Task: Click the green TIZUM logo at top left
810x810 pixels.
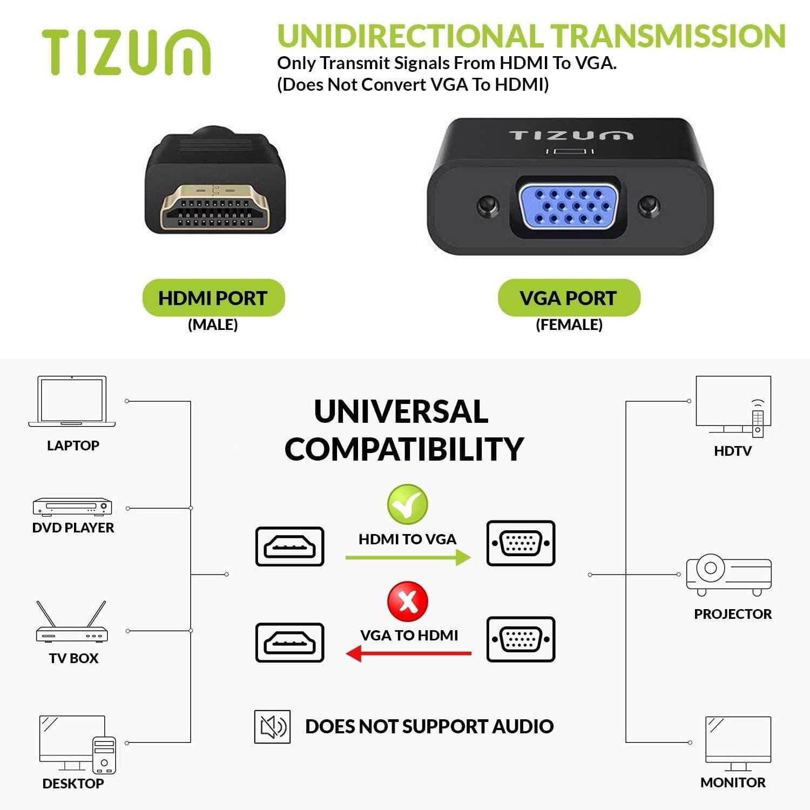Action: [126, 52]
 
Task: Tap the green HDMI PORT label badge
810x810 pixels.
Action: [213, 298]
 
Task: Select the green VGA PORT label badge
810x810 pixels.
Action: [569, 298]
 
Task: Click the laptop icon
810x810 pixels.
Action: [72, 401]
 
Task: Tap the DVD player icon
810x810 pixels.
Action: [72, 507]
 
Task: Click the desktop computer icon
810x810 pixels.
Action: [77, 745]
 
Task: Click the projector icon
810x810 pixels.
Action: [728, 575]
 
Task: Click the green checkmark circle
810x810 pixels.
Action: [408, 504]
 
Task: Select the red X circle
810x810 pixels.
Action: [408, 601]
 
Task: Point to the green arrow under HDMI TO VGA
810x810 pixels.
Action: [408, 557]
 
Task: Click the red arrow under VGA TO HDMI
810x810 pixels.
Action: [408, 653]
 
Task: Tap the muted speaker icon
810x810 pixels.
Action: [272, 727]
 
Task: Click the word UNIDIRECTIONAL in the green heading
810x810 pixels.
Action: [410, 36]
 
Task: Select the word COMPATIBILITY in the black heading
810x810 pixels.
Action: [404, 449]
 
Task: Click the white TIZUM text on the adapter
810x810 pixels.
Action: [571, 135]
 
